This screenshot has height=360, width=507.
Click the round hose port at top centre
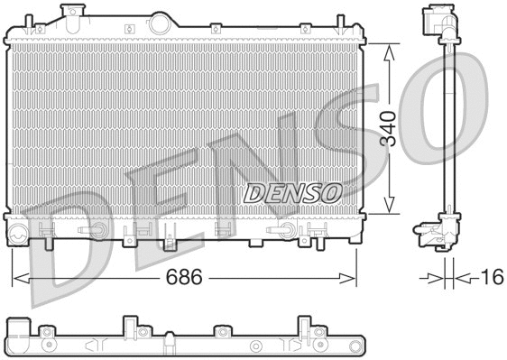point(161,20)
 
